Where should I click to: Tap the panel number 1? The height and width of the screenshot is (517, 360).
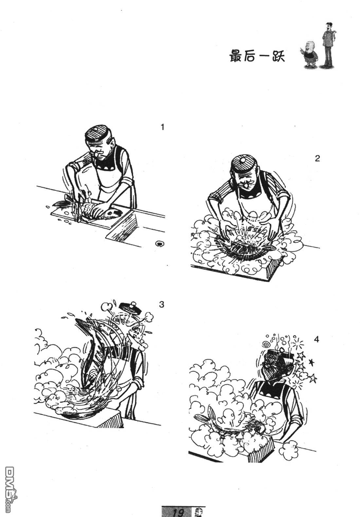click(163, 127)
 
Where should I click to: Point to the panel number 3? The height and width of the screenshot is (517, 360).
click(162, 304)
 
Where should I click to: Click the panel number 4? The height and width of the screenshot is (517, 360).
click(316, 339)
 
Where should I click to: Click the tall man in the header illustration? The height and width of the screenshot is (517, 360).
click(328, 45)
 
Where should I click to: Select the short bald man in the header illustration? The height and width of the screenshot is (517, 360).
click(309, 55)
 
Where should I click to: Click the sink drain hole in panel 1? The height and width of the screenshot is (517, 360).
click(159, 243)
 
